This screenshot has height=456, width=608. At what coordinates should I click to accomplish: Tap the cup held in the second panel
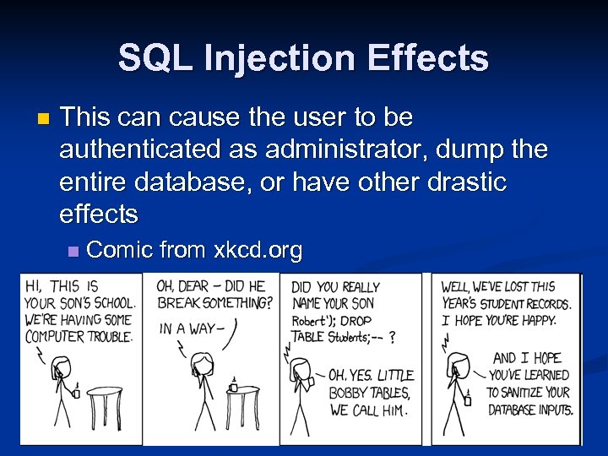pyautogui.click(x=233, y=386)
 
